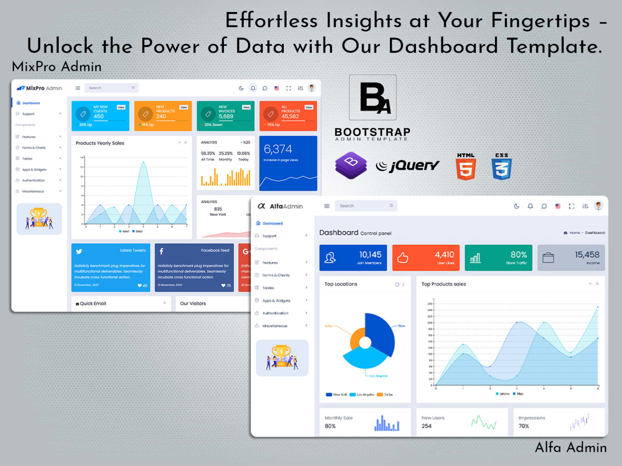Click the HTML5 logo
466,167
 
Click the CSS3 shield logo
501,167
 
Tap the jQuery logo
408,165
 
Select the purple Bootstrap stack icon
351,165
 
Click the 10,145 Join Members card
353,258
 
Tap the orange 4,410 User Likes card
426,258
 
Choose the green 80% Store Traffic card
498,258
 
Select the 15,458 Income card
571,258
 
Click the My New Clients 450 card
100,116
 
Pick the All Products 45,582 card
288,116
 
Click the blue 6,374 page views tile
288,163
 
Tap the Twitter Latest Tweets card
111,267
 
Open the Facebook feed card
194,267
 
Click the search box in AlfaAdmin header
365,206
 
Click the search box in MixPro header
111,88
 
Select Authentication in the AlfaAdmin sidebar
275,313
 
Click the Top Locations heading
341,284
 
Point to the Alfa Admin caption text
571,447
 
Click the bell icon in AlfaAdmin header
530,206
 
